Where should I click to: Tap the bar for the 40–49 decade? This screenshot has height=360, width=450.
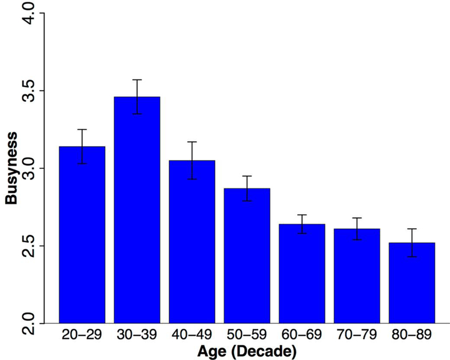[x=192, y=242]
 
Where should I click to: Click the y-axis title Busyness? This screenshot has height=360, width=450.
[x=11, y=168]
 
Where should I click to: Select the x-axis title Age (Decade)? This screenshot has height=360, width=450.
[x=247, y=352]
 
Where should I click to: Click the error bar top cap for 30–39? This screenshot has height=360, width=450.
[x=137, y=80]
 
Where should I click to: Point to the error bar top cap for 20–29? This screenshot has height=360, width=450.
[x=82, y=129]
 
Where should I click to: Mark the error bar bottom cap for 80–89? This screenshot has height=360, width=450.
[x=412, y=256]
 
